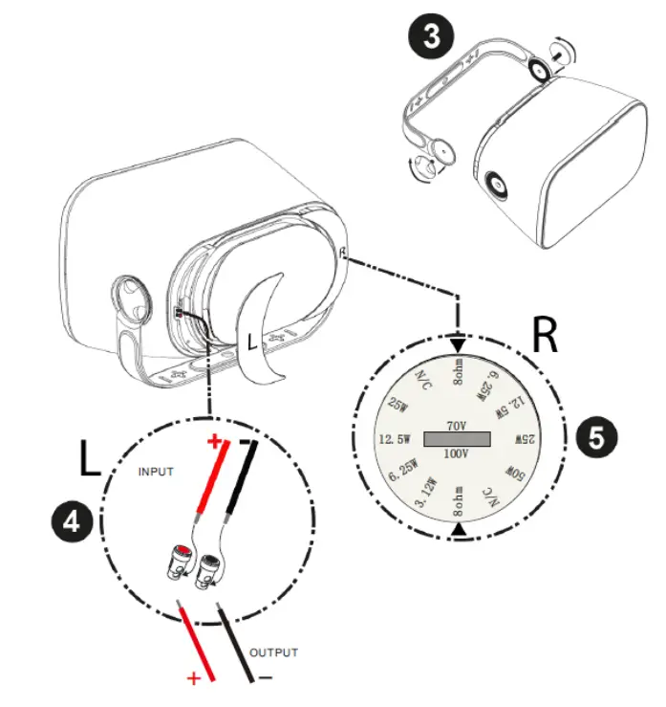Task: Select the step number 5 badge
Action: click(x=593, y=438)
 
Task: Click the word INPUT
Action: click(x=159, y=472)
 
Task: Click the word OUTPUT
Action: click(x=273, y=652)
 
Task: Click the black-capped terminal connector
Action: click(x=205, y=574)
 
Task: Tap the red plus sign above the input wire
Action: click(x=215, y=442)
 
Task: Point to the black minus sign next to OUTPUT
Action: click(x=264, y=677)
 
